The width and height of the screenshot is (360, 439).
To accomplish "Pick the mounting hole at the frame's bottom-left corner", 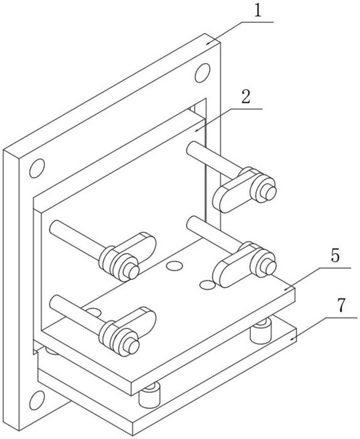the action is point(36,399).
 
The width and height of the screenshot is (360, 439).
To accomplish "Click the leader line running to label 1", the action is point(241,22).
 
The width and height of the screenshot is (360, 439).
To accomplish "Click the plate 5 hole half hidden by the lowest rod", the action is point(92,313).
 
